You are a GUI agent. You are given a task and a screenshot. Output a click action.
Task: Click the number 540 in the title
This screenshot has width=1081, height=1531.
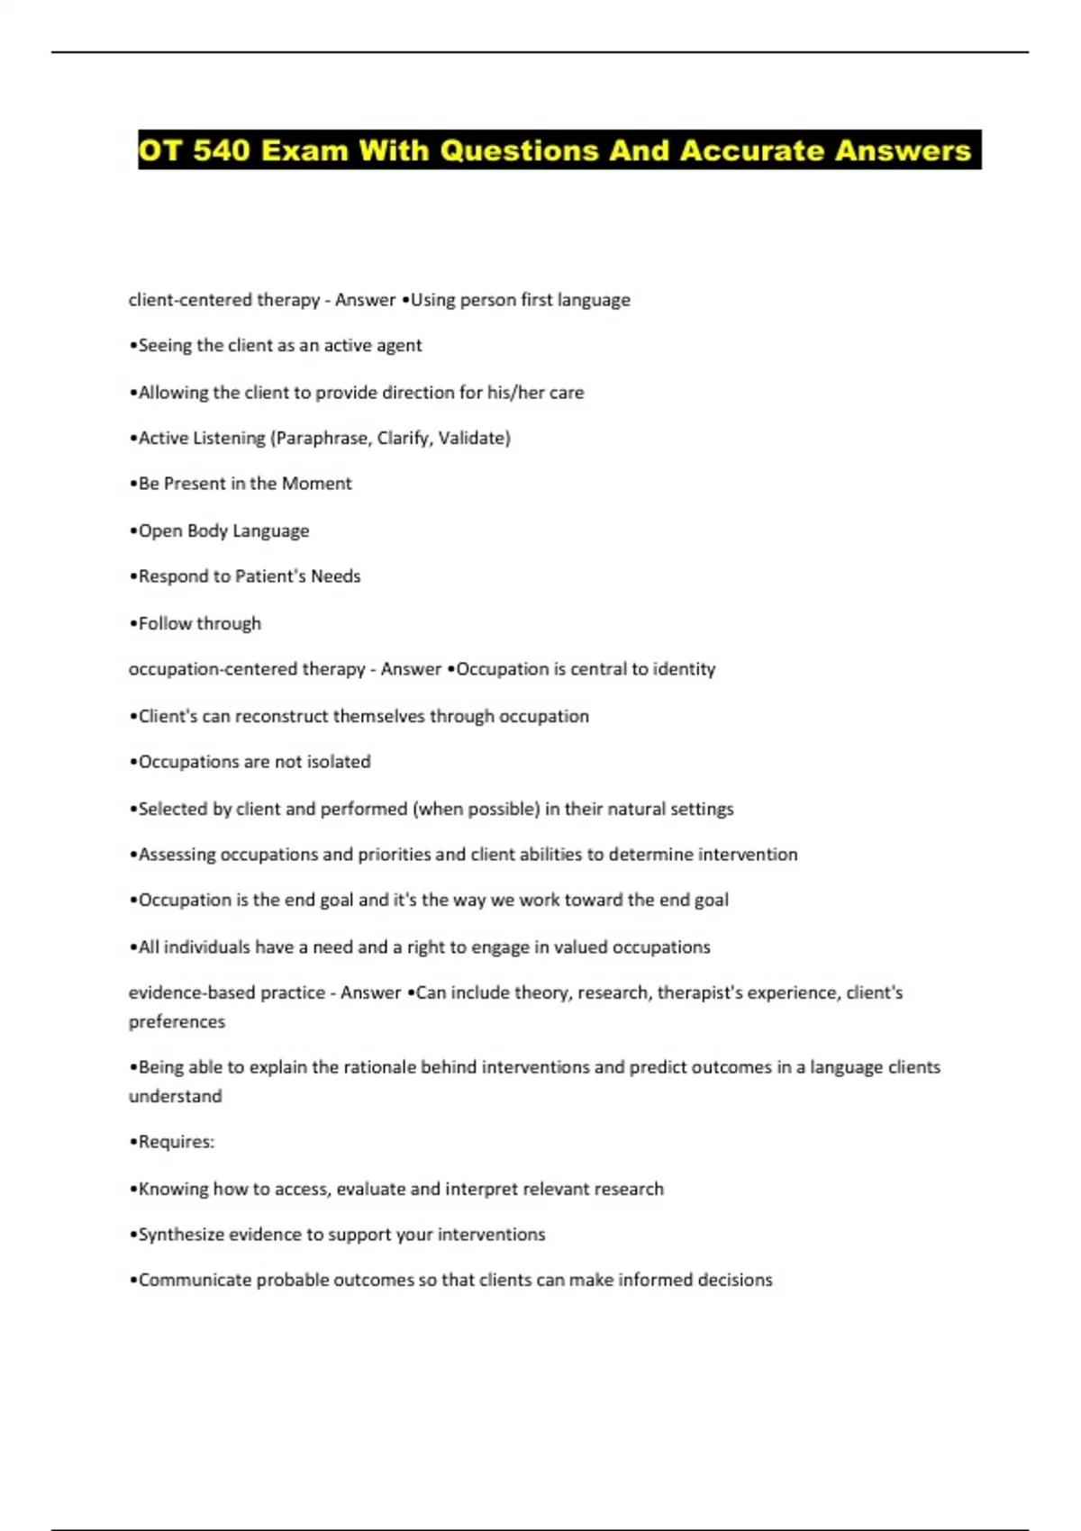tap(221, 149)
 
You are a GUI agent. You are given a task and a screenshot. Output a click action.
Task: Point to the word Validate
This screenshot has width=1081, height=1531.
tap(473, 438)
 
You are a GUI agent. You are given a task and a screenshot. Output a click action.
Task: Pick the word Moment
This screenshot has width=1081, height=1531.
tap(316, 484)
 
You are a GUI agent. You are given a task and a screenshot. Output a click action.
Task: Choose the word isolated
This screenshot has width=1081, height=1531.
tap(339, 762)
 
